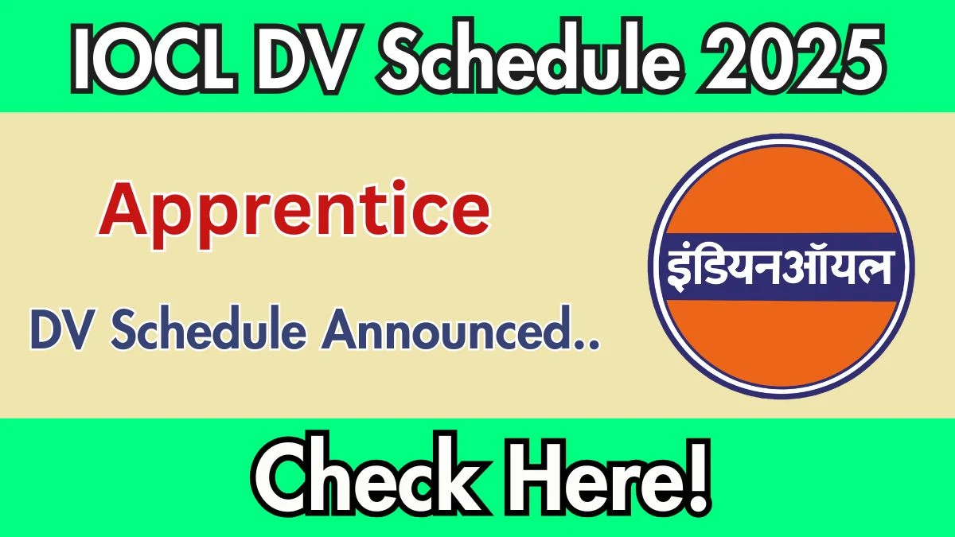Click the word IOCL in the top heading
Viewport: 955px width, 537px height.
tap(154, 58)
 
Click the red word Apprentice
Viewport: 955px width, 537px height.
tap(294, 214)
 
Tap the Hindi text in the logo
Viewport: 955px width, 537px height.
tap(779, 267)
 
